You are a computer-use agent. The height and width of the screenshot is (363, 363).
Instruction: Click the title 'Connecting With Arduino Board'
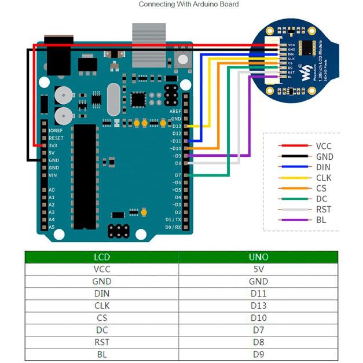click(188, 5)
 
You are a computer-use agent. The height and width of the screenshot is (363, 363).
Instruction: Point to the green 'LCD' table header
click(101, 256)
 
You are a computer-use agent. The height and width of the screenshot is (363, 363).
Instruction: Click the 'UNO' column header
click(258, 256)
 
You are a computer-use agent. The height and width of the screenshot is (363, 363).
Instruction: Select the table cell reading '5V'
click(258, 269)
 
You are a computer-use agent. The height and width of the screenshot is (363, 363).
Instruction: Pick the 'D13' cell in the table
click(258, 306)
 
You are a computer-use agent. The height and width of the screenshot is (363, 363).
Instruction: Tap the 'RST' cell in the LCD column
click(101, 342)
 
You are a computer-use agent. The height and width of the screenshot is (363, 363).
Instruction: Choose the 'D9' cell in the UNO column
click(258, 354)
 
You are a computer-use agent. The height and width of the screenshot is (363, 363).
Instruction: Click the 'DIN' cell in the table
click(101, 294)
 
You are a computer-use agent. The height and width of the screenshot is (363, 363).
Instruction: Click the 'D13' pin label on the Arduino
click(176, 126)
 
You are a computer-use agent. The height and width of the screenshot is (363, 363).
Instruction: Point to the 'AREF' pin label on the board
click(175, 111)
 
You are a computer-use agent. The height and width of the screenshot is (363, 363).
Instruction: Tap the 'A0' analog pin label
click(52, 190)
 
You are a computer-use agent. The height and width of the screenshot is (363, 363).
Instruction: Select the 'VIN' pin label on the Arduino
click(53, 175)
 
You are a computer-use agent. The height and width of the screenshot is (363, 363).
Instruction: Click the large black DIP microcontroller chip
click(85, 174)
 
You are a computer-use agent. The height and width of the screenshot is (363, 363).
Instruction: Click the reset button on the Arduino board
click(185, 59)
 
